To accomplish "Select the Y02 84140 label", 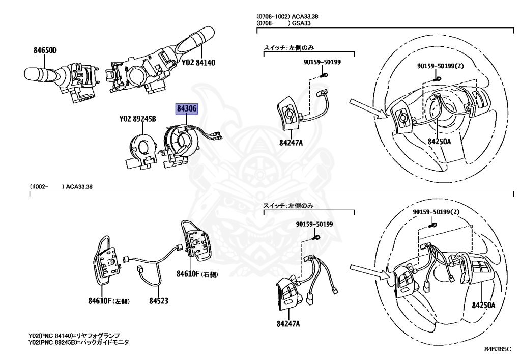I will coord(198,63).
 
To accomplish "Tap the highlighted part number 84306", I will coord(187,108).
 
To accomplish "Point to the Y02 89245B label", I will coord(137,119).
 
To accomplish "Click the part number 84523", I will coord(159,301).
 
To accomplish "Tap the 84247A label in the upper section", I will coord(291,142).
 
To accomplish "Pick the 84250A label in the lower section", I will coord(483,305).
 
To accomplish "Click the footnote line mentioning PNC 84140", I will coord(74,336).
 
